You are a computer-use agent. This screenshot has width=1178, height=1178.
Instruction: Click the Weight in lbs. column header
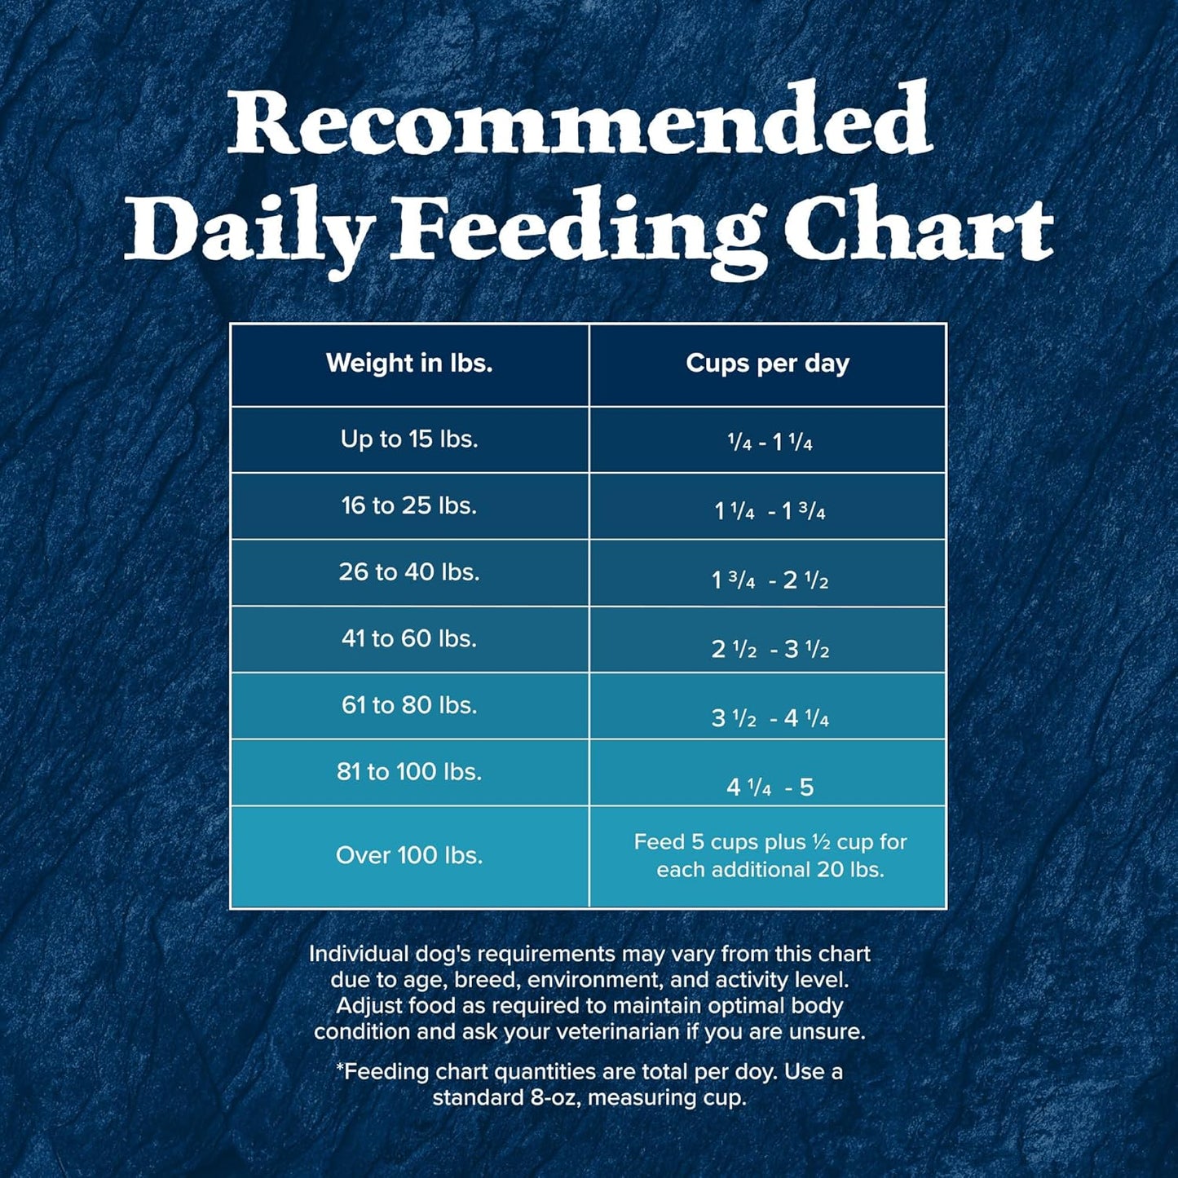coord(409,364)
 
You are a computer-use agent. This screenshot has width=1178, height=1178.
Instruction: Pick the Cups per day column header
coord(767,364)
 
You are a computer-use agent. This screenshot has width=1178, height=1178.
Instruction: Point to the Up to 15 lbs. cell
coord(409,439)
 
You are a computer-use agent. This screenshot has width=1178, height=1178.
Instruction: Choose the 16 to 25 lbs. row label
coord(409,506)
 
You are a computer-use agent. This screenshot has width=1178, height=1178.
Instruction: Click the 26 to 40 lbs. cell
coord(409,572)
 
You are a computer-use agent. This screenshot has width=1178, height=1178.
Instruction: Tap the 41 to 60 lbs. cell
coord(409,639)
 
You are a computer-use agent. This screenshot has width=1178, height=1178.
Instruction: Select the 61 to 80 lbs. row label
coord(409,705)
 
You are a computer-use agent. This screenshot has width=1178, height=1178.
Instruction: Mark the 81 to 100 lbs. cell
coord(409,772)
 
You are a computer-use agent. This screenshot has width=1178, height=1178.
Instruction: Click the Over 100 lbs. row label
coord(409,855)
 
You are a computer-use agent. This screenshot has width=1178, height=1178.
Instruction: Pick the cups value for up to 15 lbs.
coord(770,443)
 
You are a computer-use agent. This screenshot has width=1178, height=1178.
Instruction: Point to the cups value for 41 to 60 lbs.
coord(770,650)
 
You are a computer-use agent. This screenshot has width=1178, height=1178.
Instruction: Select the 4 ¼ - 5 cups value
coord(770,788)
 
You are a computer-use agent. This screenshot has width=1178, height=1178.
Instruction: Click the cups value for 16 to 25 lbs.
coord(770,512)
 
